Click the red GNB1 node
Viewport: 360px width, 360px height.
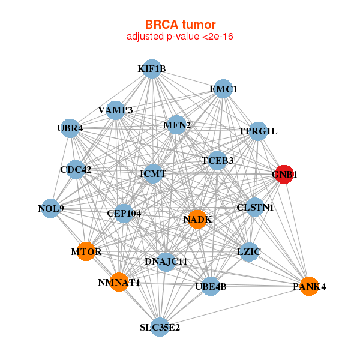pyautogui.click(x=284, y=174)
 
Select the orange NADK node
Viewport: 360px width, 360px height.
pyautogui.click(x=197, y=219)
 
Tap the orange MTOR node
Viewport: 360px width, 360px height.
pyautogui.click(x=86, y=251)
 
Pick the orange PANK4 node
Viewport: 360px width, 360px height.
pyautogui.click(x=309, y=286)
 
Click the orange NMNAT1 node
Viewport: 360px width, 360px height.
pyautogui.click(x=119, y=282)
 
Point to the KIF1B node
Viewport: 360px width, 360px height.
pyautogui.click(x=152, y=68)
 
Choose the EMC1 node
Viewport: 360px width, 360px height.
pyautogui.click(x=223, y=89)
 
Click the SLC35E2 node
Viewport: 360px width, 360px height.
pyautogui.click(x=160, y=327)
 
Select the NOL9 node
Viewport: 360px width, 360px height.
pyautogui.click(x=51, y=208)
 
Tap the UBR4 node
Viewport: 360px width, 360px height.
pyautogui.click(x=70, y=128)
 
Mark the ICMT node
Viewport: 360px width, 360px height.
pyautogui.click(x=153, y=173)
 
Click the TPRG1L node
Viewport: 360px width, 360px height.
pyautogui.click(x=258, y=131)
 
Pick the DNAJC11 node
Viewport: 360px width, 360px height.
pyautogui.click(x=166, y=262)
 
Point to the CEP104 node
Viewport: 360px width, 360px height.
pyautogui.click(x=124, y=213)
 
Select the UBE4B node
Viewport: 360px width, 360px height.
pyautogui.click(x=211, y=286)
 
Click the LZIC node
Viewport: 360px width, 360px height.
pyautogui.click(x=249, y=251)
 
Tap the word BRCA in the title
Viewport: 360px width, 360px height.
pyautogui.click(x=161, y=25)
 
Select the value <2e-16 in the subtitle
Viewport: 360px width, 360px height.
pyautogui.click(x=218, y=37)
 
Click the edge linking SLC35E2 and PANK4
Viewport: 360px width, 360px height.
pyautogui.click(x=235, y=307)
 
